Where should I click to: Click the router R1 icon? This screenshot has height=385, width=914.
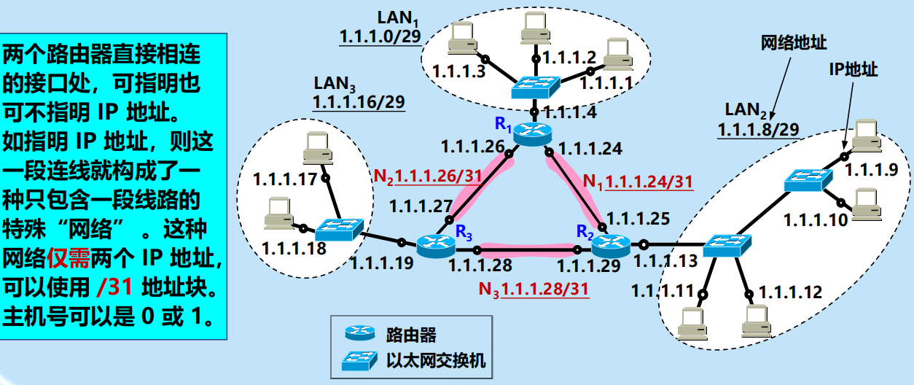tap(534, 133)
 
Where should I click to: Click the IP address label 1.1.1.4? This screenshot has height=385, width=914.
tap(569, 113)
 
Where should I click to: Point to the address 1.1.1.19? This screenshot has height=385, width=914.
tap(378, 265)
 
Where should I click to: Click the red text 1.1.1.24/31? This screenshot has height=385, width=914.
tap(649, 182)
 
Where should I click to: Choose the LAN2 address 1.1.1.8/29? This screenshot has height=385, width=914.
tap(758, 130)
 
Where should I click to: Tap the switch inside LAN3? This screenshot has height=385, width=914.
tap(340, 229)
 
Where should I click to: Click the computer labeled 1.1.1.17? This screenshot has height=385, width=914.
tap(319, 147)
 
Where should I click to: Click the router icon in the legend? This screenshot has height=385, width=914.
tap(360, 333)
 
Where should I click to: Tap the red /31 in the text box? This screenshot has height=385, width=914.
tap(114, 287)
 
